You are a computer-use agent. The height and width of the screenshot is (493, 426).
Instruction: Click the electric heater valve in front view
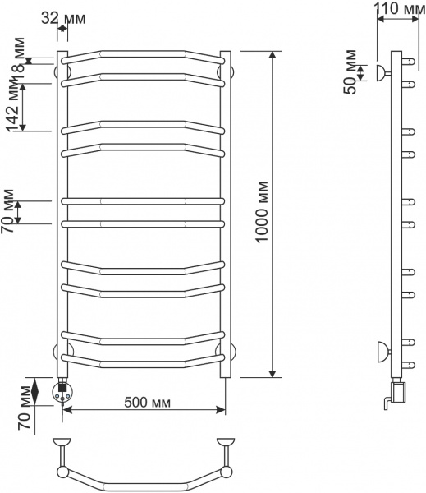tap(62, 390)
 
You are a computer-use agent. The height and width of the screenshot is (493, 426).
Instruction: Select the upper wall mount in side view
tap(382, 72)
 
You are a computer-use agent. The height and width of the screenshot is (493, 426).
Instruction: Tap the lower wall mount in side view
tap(382, 352)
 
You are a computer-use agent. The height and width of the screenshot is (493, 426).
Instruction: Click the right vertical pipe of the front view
tap(226, 214)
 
